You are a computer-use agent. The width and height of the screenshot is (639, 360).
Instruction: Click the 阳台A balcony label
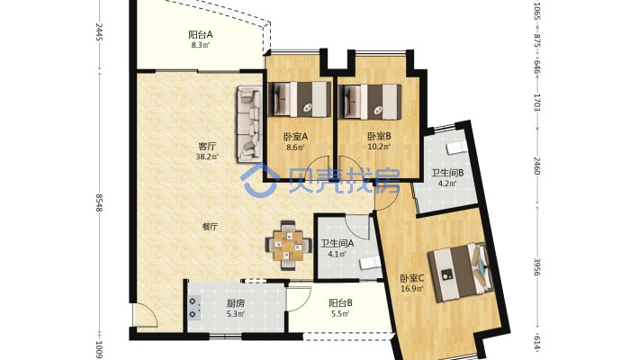click(201, 35)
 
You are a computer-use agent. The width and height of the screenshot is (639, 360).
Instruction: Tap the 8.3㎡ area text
click(201, 45)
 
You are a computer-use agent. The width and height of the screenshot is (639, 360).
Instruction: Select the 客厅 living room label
click(207, 147)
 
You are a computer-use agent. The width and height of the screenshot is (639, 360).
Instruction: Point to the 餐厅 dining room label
click(210, 227)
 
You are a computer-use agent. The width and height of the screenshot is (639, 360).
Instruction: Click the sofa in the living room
click(249, 122)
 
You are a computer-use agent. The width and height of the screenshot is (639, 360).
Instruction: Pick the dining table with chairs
click(288, 246)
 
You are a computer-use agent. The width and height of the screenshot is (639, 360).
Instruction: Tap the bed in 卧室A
click(300, 99)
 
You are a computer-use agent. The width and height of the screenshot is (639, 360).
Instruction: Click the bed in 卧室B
click(370, 102)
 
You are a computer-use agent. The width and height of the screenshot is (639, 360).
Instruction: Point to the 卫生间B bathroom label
click(447, 173)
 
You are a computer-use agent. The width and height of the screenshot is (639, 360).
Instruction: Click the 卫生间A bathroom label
click(337, 244)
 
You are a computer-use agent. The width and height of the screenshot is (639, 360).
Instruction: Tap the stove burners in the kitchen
click(194, 308)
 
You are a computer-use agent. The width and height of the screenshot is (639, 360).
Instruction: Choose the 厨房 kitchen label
click(235, 303)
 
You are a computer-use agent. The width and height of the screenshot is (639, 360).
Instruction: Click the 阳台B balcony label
click(340, 303)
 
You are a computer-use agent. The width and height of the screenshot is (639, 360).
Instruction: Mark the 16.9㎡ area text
click(412, 289)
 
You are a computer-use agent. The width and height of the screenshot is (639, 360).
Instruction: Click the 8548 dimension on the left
click(99, 202)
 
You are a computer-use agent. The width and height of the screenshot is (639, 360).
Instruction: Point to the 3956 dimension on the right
click(536, 267)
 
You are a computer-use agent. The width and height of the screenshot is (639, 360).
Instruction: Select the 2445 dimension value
click(99, 32)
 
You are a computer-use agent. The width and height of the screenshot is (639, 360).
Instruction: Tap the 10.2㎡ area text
click(379, 147)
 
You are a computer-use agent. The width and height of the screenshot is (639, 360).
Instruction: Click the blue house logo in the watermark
click(259, 180)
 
